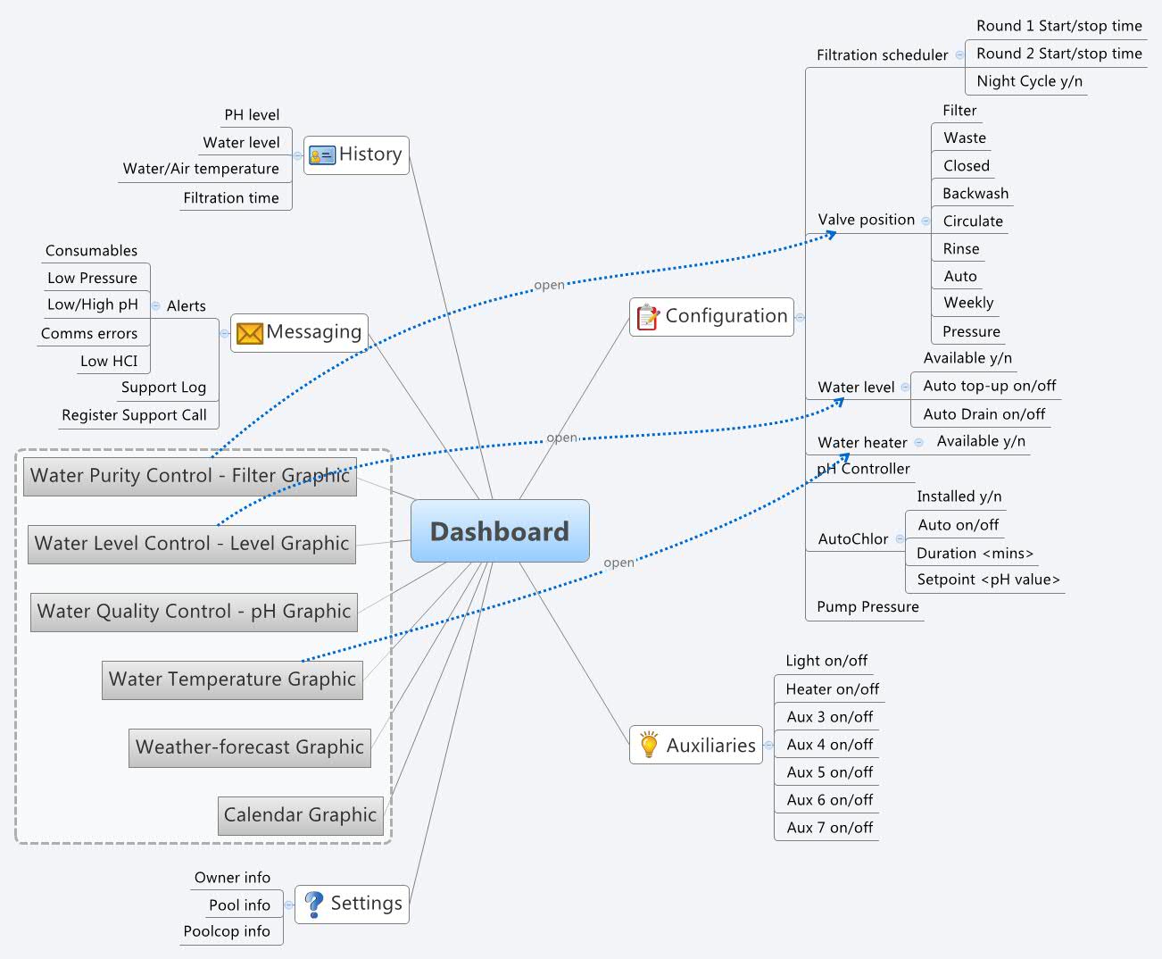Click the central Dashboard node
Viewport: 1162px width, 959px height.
pyautogui.click(x=500, y=531)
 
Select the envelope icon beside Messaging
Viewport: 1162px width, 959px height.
pyautogui.click(x=250, y=333)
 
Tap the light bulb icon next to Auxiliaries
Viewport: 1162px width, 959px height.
pyautogui.click(x=649, y=746)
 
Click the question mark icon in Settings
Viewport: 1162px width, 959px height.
pyautogui.click(x=313, y=904)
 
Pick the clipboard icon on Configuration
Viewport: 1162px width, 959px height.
pyautogui.click(x=648, y=317)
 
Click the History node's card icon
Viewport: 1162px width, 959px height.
pyautogui.click(x=321, y=155)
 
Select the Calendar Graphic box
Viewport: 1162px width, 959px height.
pyautogui.click(x=300, y=815)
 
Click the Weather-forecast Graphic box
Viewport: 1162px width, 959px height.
pyautogui.click(x=250, y=747)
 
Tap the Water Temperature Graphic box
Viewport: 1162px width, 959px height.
pyautogui.click(x=232, y=680)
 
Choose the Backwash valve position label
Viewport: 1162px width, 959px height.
pyautogui.click(x=975, y=194)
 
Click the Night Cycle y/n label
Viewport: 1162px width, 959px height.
pyautogui.click(x=1029, y=81)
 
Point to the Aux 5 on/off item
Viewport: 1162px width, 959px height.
pyautogui.click(x=829, y=772)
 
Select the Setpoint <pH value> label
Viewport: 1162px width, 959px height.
pyautogui.click(x=988, y=580)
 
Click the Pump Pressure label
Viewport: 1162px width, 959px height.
pyautogui.click(x=867, y=607)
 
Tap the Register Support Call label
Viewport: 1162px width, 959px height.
pyautogui.click(x=134, y=415)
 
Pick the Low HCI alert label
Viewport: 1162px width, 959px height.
pyautogui.click(x=109, y=362)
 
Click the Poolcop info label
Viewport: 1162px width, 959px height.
pyautogui.click(x=227, y=931)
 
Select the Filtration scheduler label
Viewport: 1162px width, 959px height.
pyautogui.click(x=882, y=55)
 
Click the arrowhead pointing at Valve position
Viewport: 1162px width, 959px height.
pyautogui.click(x=831, y=234)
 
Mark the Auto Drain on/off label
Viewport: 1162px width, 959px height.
pyautogui.click(x=984, y=414)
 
